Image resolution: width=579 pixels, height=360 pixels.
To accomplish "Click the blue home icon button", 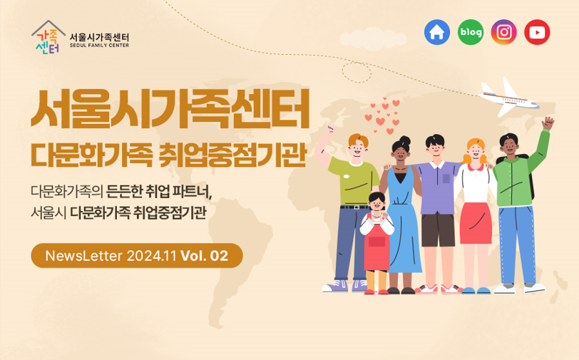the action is [437, 32].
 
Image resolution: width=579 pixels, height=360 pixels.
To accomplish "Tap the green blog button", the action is [471, 32].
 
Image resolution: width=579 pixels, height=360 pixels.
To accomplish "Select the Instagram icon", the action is [503, 32].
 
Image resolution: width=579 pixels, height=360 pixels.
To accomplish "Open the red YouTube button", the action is [537, 32].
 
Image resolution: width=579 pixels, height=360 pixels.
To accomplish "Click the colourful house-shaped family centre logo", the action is [48, 37].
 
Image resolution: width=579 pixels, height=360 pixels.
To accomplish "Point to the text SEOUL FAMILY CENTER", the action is [99, 46].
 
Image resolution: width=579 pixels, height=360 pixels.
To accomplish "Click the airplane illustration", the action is [509, 98].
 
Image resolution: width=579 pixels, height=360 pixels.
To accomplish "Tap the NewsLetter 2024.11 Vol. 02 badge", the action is [137, 255].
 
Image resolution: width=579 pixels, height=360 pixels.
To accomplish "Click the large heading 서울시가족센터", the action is [170, 109].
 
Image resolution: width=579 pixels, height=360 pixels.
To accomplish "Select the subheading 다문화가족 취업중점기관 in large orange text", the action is [169, 155].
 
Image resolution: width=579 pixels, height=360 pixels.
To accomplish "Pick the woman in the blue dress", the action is [401, 215].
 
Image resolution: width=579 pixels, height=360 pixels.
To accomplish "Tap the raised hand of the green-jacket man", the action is [548, 123].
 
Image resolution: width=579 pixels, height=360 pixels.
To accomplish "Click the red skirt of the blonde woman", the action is [476, 223].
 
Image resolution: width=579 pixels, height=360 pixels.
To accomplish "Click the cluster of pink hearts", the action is [382, 115].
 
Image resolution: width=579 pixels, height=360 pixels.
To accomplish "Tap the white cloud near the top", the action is [372, 38].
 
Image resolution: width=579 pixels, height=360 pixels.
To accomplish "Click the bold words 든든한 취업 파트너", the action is [159, 191].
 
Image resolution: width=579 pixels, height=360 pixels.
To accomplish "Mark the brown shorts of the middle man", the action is [439, 230].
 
